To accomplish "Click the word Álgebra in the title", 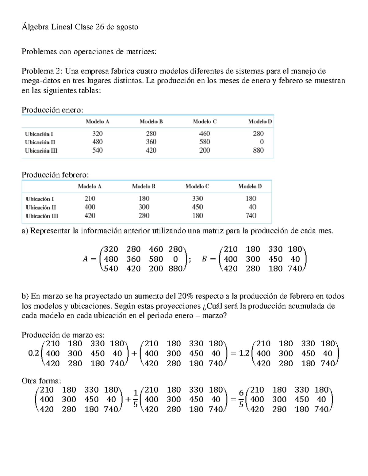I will coord(35,27).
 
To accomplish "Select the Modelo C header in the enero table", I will coord(205,121).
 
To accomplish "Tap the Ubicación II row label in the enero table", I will coord(40,142).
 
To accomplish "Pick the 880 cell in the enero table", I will coord(258,150).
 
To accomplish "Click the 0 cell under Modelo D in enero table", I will coord(262,142).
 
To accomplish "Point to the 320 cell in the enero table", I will coord(98,134).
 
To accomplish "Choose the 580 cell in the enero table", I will coord(205,142).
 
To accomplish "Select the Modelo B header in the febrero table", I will coord(144,186).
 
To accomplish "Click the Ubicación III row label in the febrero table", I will coord(42,216).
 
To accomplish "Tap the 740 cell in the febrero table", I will coord(251,216).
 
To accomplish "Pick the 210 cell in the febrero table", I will coord(90,199).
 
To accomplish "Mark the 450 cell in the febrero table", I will coord(197,207).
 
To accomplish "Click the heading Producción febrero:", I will coord(55,175).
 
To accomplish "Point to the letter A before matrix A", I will coord(85,259).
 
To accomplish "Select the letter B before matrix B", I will coord(204,259).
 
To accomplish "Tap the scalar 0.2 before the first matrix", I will coord(33,353).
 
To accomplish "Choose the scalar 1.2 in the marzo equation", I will coord(244,353).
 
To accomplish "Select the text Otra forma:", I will coord(41,381).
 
